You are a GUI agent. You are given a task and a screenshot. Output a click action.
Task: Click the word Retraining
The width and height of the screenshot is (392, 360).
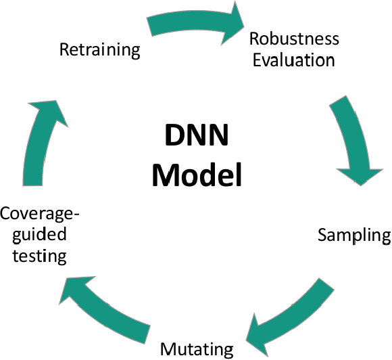tap(99, 50)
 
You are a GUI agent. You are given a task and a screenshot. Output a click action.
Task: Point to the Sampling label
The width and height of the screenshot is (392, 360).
tap(354, 235)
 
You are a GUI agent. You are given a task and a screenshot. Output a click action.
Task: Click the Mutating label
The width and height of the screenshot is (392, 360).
tap(197, 349)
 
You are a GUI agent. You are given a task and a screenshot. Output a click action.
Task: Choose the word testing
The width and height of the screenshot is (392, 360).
tap(43, 256)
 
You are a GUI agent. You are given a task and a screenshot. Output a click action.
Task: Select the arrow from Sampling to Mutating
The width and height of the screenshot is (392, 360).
tap(291, 311)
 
